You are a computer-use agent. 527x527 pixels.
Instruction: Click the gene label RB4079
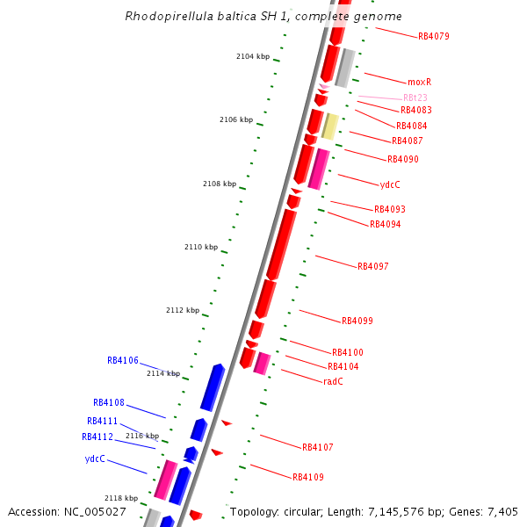(434, 37)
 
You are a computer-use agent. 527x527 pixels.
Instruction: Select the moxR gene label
(420, 82)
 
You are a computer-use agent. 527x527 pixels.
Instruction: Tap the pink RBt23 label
(415, 97)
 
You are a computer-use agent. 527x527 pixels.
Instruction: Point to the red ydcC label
(390, 185)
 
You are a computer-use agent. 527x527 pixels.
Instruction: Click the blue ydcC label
(95, 458)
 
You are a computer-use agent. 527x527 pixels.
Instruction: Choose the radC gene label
(333, 381)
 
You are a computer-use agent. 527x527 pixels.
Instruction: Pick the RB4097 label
(372, 266)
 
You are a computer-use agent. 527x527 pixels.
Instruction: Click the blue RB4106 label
(123, 360)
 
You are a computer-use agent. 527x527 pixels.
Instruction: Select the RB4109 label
(308, 477)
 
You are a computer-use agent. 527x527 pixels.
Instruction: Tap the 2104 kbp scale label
(252, 56)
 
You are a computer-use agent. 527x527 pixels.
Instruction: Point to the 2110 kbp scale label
(200, 247)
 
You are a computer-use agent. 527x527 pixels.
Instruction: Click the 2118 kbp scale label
(120, 498)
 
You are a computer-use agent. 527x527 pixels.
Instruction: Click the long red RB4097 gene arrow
(281, 245)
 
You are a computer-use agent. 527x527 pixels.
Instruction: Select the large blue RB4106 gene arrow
(213, 387)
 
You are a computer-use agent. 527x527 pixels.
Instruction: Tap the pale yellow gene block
(330, 126)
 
